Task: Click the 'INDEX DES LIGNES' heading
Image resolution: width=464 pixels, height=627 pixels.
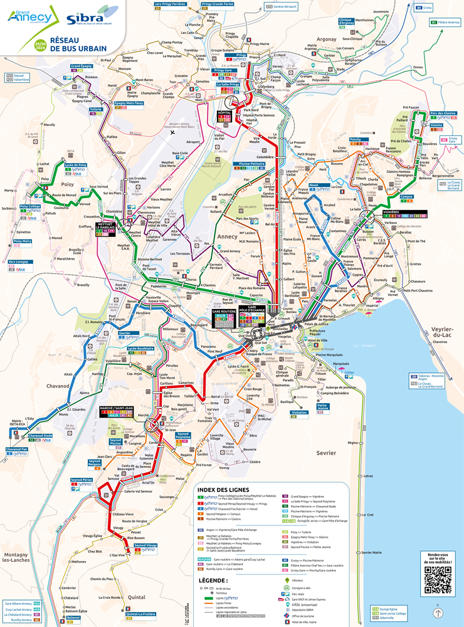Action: (223, 490)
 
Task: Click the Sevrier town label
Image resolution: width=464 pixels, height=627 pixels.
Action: (326, 452)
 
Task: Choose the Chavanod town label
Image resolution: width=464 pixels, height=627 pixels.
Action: (58, 387)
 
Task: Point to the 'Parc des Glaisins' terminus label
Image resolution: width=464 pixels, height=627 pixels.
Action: (442, 113)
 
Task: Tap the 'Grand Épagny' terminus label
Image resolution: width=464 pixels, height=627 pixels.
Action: (82, 66)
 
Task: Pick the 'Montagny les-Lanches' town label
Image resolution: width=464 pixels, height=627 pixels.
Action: (16, 558)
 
